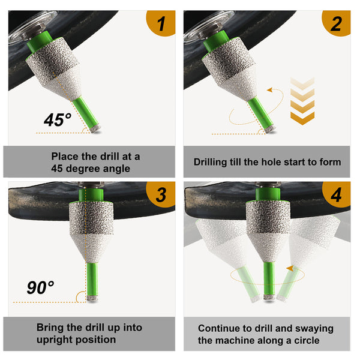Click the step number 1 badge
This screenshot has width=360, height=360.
point(161,23)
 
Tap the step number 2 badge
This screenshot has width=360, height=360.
point(337,23)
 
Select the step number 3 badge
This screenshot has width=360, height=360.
point(161,194)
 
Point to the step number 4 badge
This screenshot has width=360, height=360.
point(337,194)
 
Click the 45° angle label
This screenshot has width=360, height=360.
point(58,119)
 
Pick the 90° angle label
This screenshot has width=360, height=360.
point(40,287)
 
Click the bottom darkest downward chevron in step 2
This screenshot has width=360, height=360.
point(302,118)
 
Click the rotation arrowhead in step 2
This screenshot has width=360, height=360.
point(270,90)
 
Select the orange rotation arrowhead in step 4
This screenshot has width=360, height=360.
point(290,268)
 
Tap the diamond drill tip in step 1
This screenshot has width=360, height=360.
point(95,129)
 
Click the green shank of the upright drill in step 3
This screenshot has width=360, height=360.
point(92,279)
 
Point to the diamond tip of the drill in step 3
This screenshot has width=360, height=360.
point(92,298)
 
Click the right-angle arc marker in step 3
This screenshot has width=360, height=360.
point(79,296)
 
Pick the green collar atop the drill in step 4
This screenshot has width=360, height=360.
point(268,194)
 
